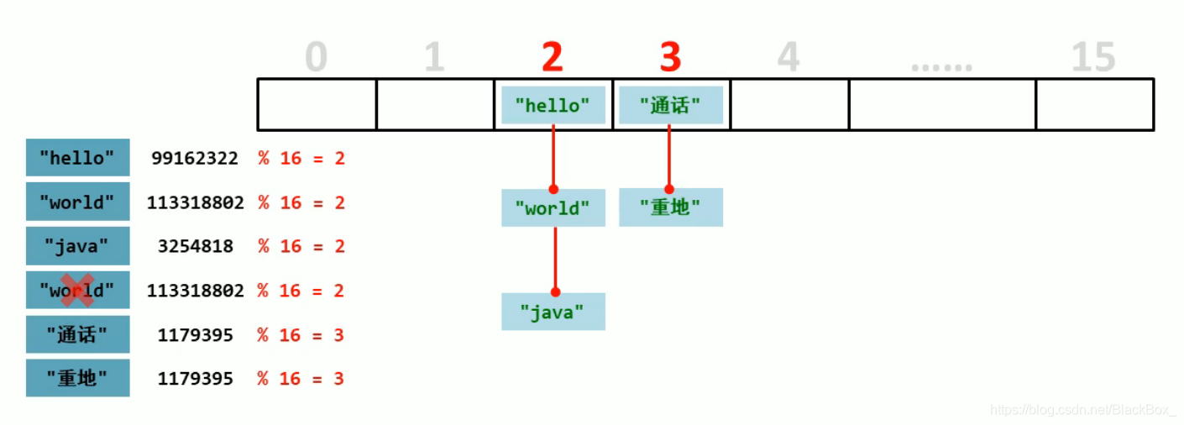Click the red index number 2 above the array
pyautogui.click(x=552, y=57)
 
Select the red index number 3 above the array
pyautogui.click(x=669, y=57)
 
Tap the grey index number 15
pyautogui.click(x=1093, y=58)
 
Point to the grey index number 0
pyautogui.click(x=316, y=58)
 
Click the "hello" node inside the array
pyautogui.click(x=553, y=105)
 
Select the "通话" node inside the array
pyautogui.click(x=670, y=105)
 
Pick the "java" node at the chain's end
pyautogui.click(x=553, y=312)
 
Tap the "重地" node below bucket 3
pyautogui.click(x=670, y=207)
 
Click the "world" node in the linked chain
pyautogui.click(x=553, y=207)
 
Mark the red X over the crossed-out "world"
pyautogui.click(x=77, y=291)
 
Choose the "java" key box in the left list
pyautogui.click(x=77, y=246)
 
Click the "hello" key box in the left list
pyautogui.click(x=77, y=158)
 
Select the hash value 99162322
pyautogui.click(x=195, y=158)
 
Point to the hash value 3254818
pyautogui.click(x=195, y=246)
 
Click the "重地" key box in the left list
pyautogui.click(x=77, y=378)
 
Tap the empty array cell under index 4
pyautogui.click(x=788, y=105)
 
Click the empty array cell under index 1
pyautogui.click(x=434, y=105)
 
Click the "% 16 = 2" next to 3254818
pyautogui.click(x=301, y=246)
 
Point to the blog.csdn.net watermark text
pyautogui.click(x=1082, y=410)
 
